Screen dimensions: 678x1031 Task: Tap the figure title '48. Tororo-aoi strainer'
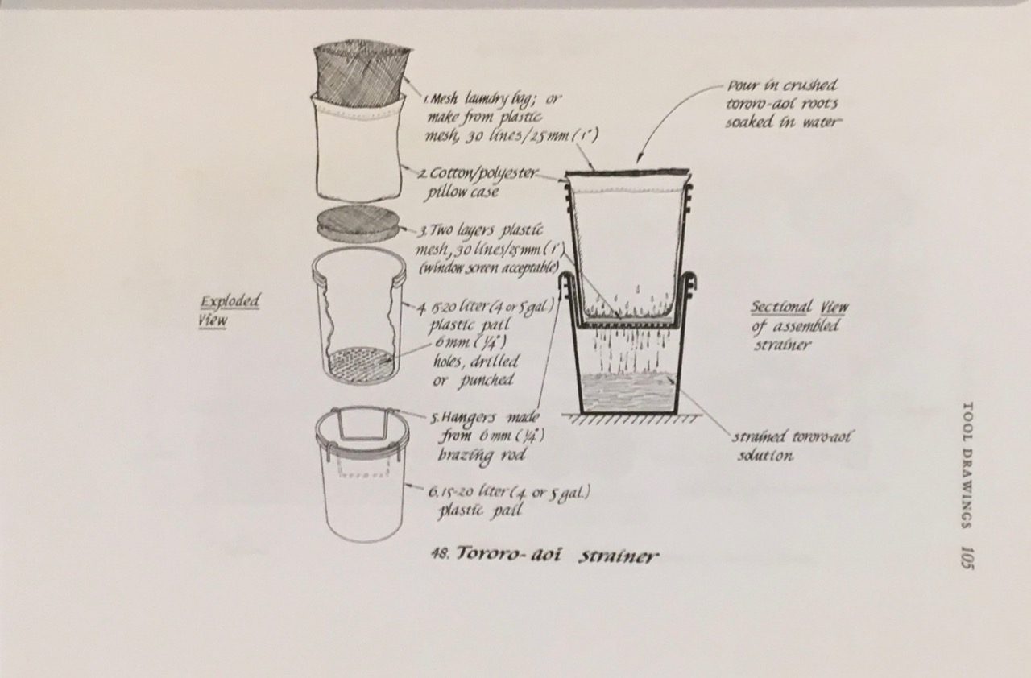point(544,555)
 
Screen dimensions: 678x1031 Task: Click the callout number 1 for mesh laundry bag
point(429,101)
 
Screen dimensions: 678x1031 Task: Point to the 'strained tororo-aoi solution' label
point(791,446)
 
